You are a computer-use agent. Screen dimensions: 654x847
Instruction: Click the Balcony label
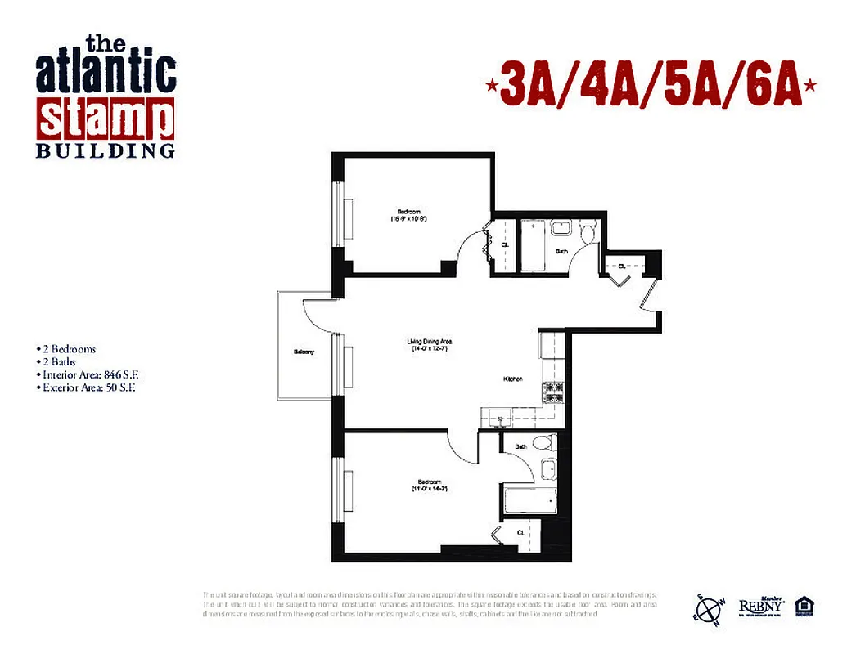click(304, 352)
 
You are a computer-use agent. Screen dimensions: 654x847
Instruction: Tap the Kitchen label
click(513, 379)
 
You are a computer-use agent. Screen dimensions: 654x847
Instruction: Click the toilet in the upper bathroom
click(588, 232)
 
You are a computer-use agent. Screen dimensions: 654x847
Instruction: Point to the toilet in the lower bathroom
click(541, 444)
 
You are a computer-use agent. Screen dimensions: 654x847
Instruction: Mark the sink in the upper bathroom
click(561, 229)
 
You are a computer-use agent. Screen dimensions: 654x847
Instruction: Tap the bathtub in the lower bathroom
click(529, 500)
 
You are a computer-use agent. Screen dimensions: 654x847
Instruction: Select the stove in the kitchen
click(553, 392)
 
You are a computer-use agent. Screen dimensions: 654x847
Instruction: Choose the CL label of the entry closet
click(622, 266)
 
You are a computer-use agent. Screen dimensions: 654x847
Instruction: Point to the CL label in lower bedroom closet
click(521, 532)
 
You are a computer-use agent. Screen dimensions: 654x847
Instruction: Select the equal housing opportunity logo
click(804, 607)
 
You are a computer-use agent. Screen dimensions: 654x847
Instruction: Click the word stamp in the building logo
click(106, 119)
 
